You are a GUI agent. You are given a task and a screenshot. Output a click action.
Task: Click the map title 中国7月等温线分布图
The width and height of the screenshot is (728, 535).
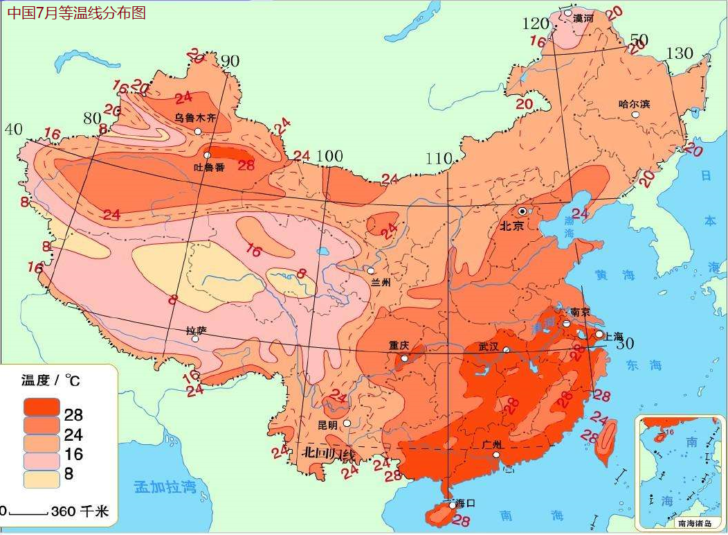(x=77, y=12)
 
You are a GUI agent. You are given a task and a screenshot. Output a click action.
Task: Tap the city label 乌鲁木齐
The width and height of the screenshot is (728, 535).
(x=194, y=118)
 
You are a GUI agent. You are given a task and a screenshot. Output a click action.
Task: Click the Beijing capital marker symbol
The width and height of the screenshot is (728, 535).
(x=522, y=211)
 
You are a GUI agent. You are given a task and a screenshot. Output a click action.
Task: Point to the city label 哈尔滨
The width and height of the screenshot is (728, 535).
(x=634, y=105)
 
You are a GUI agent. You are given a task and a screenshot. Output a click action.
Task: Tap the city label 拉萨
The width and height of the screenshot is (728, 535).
(x=197, y=331)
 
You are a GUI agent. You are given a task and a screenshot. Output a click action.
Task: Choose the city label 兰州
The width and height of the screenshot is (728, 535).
(x=381, y=282)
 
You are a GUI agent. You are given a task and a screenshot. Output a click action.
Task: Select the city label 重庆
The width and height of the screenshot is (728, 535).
(x=399, y=345)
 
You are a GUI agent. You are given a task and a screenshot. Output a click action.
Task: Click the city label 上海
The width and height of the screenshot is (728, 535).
(x=614, y=335)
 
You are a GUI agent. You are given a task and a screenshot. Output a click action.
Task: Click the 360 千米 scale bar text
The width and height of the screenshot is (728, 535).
(x=80, y=512)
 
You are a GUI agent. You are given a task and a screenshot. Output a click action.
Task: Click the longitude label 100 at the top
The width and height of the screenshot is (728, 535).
(x=329, y=157)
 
